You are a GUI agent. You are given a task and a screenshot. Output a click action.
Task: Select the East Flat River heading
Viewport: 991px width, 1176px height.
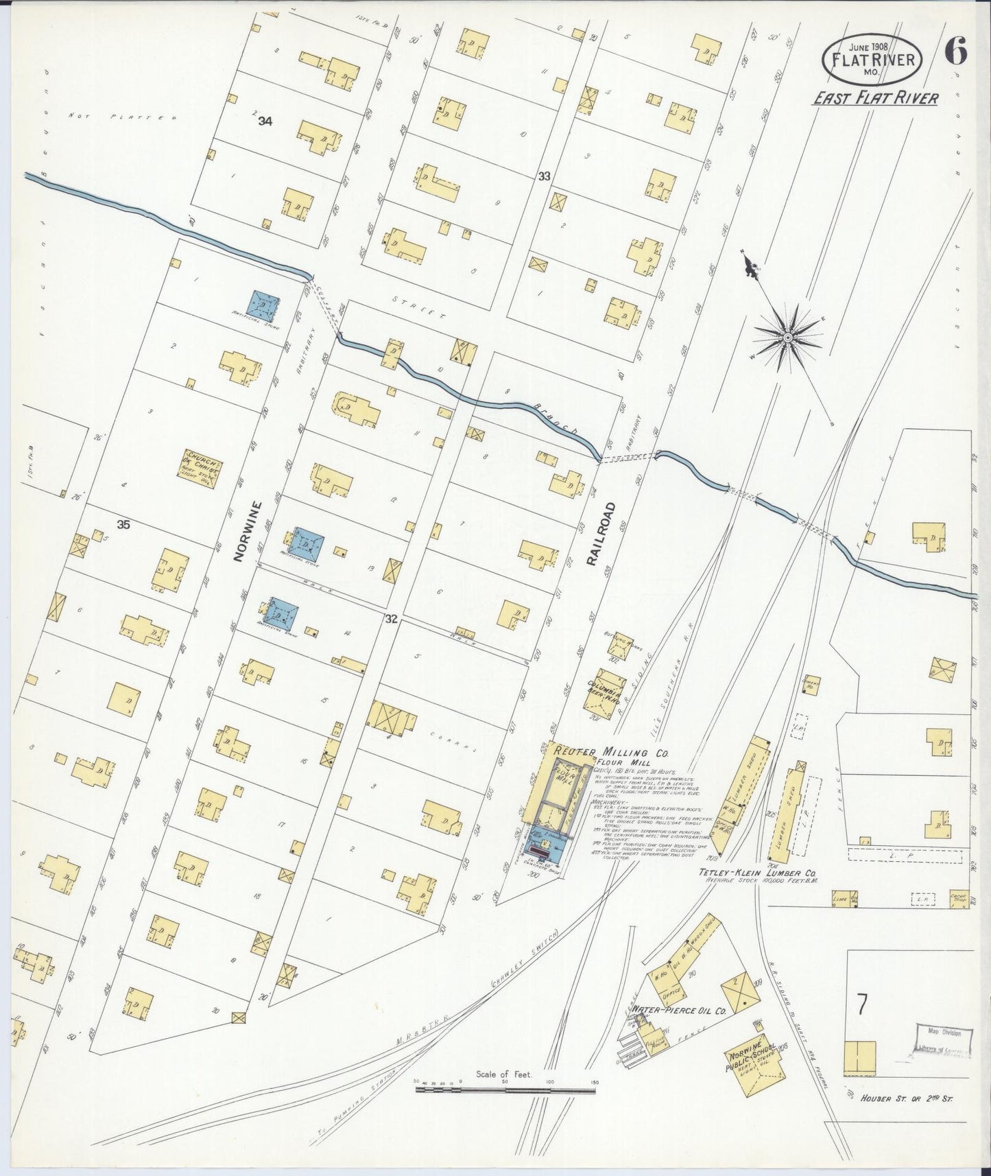875,98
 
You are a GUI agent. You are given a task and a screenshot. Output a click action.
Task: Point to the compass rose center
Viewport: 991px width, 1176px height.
789,337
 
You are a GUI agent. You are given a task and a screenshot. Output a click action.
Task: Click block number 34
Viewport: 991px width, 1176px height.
265,121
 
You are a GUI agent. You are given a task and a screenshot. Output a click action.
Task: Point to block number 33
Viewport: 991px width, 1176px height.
544,176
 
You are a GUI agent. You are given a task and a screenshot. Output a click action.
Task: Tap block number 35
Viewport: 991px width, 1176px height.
123,525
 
